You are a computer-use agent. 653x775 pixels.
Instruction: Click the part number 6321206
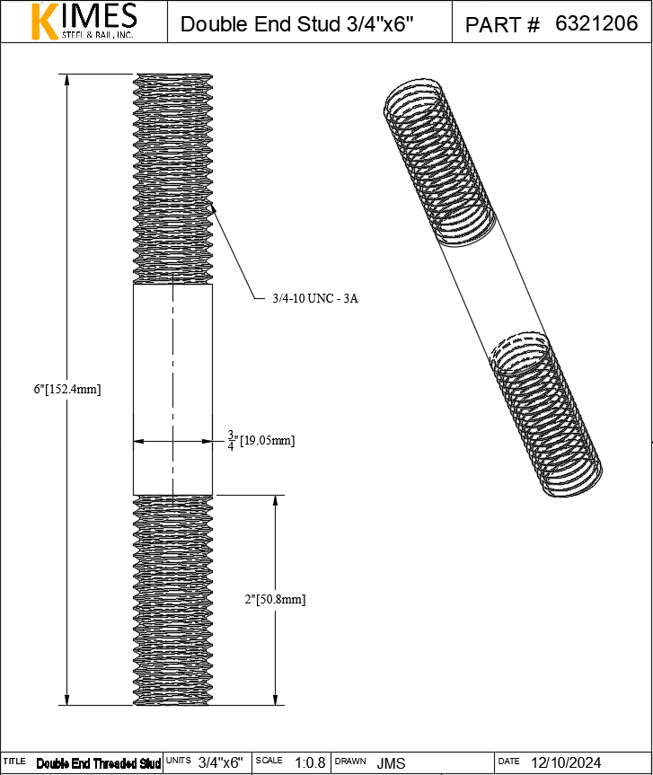tap(596, 24)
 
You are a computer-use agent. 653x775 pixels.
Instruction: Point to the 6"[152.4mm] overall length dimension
tap(67, 389)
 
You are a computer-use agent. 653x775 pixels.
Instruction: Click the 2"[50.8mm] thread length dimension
tap(276, 599)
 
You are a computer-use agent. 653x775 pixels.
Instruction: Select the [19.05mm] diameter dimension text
tap(267, 441)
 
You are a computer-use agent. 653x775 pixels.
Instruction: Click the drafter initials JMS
tap(391, 762)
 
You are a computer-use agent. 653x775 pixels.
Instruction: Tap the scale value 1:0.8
tap(309, 762)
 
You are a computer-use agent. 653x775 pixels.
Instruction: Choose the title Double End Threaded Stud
tap(99, 763)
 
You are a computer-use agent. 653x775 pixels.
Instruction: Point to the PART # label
tap(502, 25)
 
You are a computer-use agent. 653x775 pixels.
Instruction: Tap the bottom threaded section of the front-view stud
tap(173, 600)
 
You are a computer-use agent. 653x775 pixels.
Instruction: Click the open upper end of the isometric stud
tap(414, 95)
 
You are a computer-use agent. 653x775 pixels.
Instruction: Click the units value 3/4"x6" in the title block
tap(220, 762)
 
